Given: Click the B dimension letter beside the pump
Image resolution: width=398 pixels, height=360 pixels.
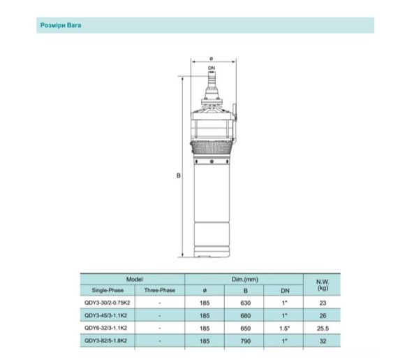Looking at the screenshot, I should click(x=178, y=176).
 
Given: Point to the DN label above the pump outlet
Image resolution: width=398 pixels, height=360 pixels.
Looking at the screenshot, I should click(x=210, y=68).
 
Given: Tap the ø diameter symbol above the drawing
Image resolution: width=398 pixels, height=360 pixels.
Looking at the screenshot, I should click(x=210, y=57).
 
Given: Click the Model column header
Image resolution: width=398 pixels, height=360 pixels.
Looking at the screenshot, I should click(x=134, y=279).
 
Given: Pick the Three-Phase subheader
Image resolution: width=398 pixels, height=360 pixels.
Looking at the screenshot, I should click(x=160, y=289).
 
